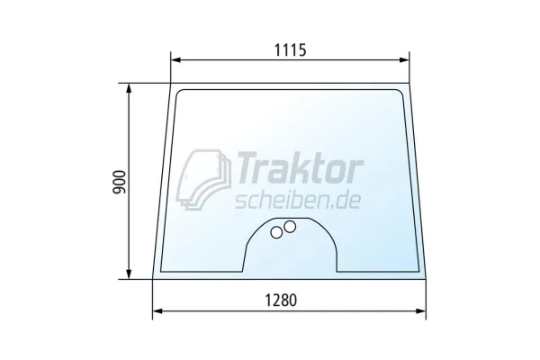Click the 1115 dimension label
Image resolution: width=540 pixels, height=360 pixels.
pos(290,50)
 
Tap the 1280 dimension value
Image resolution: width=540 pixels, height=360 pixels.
pos(281,300)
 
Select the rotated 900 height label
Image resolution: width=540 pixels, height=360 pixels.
pos(120,182)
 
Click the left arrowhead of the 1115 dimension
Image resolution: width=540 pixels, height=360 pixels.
pos(175,60)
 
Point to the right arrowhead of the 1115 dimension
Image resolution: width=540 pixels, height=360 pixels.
pos(404,60)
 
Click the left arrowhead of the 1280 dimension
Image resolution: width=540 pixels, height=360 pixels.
pos(157,311)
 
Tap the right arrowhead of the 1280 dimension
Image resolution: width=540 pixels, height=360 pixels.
pos(421,311)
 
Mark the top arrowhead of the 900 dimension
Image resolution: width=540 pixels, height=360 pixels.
pos(129,88)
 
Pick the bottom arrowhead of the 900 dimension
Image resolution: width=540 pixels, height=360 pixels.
pos(129,274)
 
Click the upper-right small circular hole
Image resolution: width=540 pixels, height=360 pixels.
pos(290,226)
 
